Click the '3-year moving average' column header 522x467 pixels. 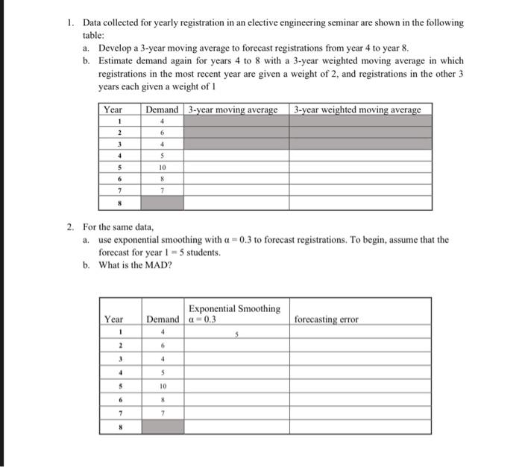coord(232,109)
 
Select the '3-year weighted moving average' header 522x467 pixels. coord(357,109)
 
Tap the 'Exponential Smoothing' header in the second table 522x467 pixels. coord(234,308)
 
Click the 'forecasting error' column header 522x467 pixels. coord(326,320)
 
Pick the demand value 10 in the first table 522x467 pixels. coord(161,168)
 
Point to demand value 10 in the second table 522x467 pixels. coord(162,387)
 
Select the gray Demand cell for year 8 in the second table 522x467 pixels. coord(162,428)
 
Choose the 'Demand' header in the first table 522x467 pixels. coord(162,109)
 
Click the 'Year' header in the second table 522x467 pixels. coord(113,320)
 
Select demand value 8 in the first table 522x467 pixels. coord(161,180)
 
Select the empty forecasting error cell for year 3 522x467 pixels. coord(360,359)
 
